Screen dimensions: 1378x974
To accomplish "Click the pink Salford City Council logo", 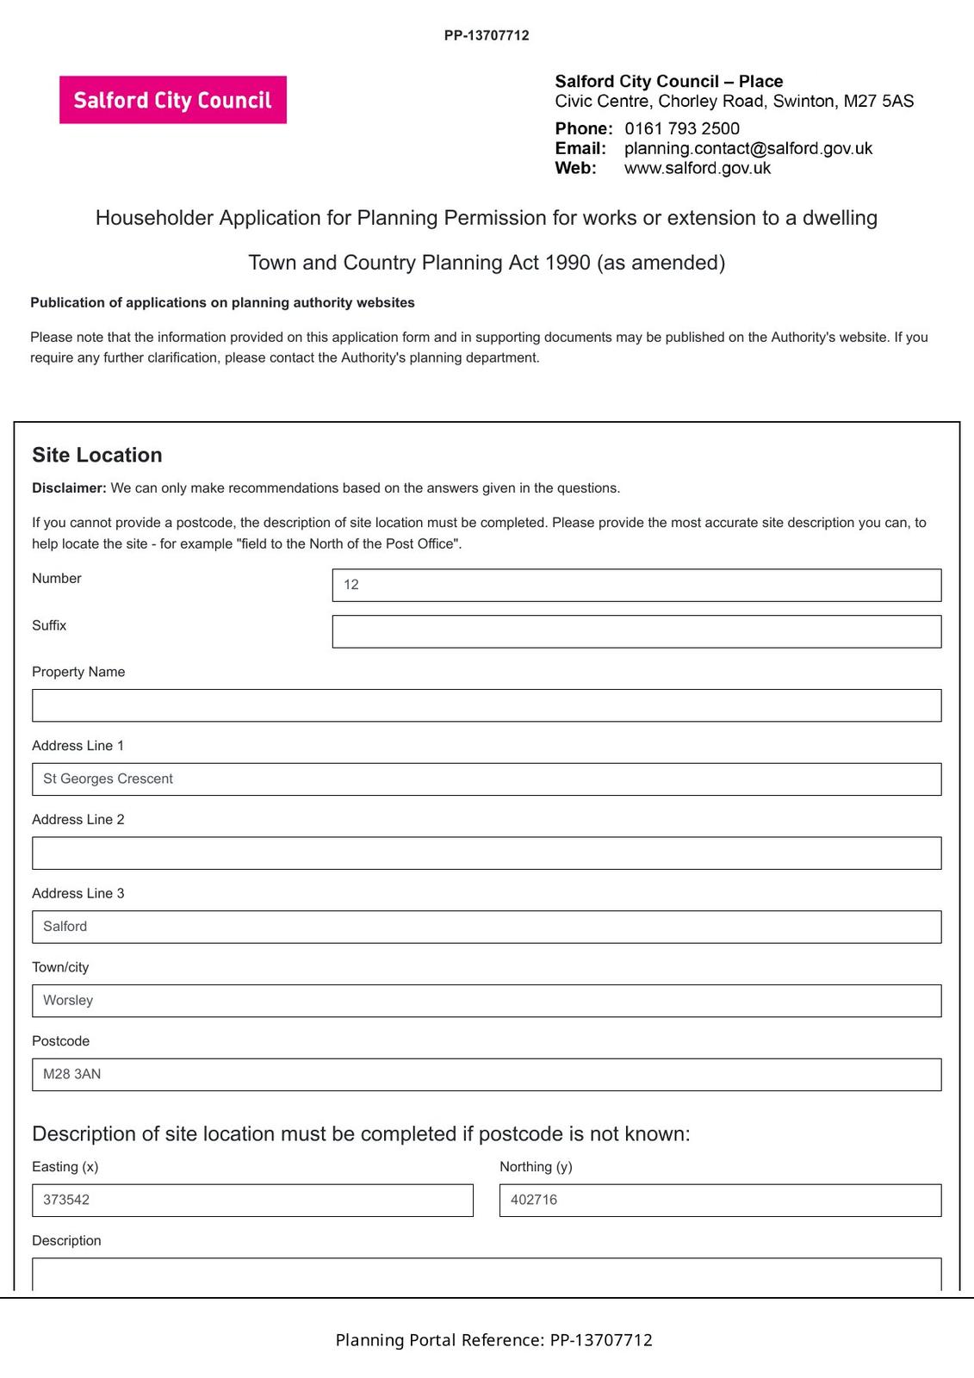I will [172, 100].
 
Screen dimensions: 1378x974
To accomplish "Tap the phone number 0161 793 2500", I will [681, 128].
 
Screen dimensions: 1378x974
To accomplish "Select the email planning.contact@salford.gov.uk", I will [748, 148].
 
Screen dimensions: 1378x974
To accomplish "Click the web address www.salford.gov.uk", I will [697, 168].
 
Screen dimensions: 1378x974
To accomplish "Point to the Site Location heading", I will [96, 455].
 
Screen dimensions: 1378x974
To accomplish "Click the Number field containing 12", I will [636, 585].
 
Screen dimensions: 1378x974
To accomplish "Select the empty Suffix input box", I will [636, 631].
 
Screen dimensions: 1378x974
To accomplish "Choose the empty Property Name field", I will [486, 705].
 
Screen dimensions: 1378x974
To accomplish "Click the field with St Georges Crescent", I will [486, 779].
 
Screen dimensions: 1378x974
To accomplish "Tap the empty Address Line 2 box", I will [486, 853].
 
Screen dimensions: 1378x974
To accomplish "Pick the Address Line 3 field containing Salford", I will [486, 927].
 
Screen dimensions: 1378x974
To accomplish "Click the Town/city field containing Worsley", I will [486, 1001].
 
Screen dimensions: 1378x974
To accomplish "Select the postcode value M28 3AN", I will [72, 1074].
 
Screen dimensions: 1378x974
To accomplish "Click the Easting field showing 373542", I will [251, 1200].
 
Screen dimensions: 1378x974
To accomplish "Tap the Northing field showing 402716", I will [719, 1200].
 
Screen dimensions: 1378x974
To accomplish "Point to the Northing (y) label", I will [536, 1166].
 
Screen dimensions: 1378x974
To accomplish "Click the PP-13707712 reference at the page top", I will [487, 35].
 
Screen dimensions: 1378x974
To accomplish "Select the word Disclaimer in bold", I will [69, 487].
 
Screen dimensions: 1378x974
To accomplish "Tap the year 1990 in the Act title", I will [568, 262].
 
